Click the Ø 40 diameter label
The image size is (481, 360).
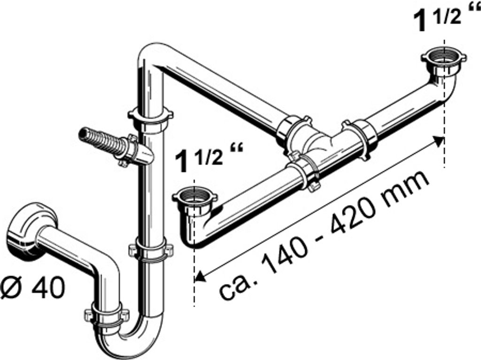(32, 287)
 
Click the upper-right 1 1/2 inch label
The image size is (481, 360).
(445, 17)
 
